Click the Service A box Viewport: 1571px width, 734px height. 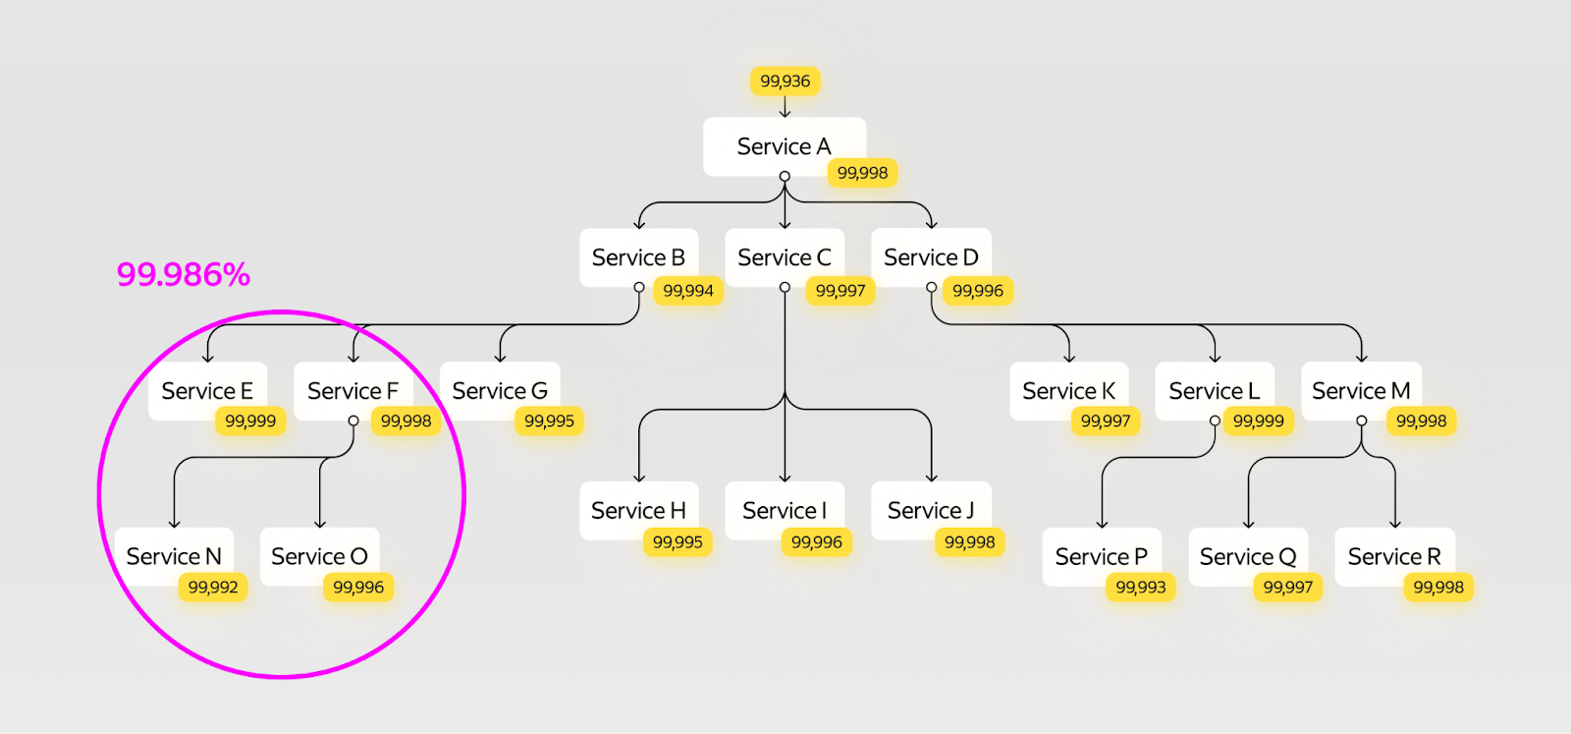(x=784, y=146)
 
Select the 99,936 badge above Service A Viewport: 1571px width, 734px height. (x=785, y=81)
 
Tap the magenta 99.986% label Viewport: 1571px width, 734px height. (x=184, y=274)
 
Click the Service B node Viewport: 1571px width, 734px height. (x=638, y=257)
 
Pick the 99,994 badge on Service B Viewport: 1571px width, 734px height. (x=688, y=291)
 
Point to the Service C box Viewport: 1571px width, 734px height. (x=784, y=257)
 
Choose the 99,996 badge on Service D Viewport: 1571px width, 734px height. (x=978, y=291)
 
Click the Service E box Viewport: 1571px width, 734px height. (x=206, y=391)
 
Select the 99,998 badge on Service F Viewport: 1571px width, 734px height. (x=406, y=422)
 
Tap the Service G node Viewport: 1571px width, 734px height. (x=499, y=391)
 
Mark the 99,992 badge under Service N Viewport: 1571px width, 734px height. (x=213, y=588)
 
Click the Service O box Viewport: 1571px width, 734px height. (x=319, y=556)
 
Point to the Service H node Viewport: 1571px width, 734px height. (x=638, y=510)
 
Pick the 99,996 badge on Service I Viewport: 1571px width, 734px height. (x=817, y=542)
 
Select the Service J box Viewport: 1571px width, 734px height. (x=931, y=510)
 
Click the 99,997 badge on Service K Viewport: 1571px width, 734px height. (x=1106, y=422)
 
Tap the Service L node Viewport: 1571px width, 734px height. (x=1214, y=391)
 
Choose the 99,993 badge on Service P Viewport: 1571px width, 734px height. (x=1141, y=588)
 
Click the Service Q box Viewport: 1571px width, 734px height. (x=1248, y=556)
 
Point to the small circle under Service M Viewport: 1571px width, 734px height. (x=1362, y=421)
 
